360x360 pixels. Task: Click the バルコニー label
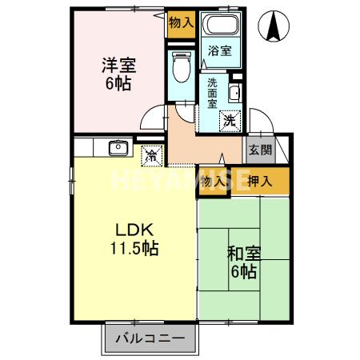click(149, 338)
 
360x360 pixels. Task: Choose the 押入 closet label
click(259, 181)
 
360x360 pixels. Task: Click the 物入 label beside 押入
click(213, 181)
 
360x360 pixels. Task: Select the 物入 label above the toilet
click(181, 22)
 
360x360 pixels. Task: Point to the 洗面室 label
click(213, 93)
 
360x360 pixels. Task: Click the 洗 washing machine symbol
click(230, 122)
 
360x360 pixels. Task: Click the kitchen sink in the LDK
click(118, 148)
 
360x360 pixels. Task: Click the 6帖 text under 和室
click(244, 273)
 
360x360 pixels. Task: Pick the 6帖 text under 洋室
click(118, 85)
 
